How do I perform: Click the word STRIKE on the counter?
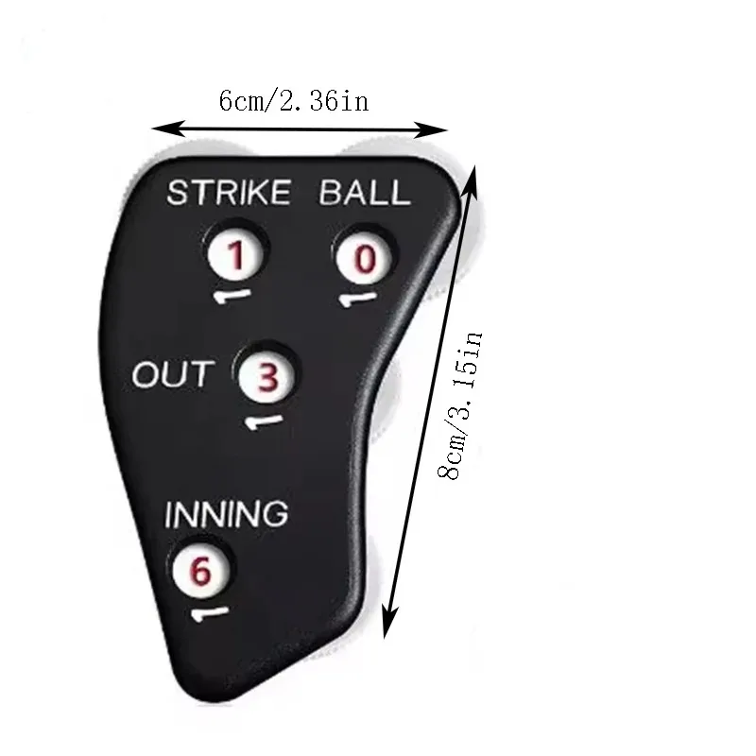228,193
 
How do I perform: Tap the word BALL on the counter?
365,193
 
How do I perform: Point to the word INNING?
226,515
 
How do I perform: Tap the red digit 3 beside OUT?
268,378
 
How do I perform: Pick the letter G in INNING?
274,515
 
